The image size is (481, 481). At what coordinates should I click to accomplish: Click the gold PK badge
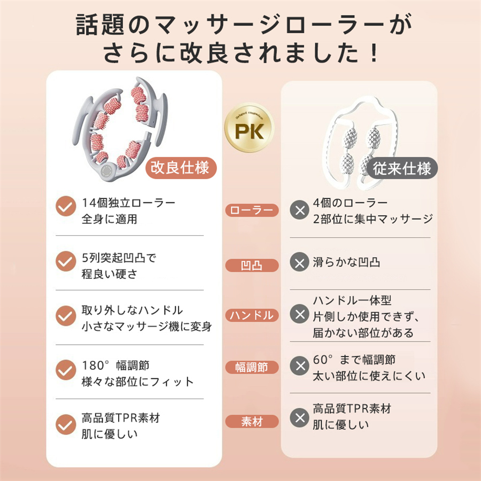click(x=249, y=128)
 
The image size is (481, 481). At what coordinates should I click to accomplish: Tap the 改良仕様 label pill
click(x=181, y=168)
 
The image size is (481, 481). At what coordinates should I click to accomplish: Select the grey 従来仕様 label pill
click(x=401, y=168)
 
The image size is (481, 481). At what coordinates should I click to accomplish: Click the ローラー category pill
click(x=252, y=210)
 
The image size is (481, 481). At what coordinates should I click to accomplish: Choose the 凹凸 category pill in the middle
click(x=252, y=265)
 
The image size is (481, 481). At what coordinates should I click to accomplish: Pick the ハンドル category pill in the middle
click(x=252, y=315)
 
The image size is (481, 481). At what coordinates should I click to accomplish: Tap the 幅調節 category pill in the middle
click(x=252, y=367)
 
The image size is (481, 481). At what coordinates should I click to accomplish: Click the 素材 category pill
click(x=252, y=422)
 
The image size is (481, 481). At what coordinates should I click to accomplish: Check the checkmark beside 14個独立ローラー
click(x=66, y=206)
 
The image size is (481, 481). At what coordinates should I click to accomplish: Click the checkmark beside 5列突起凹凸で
click(x=66, y=261)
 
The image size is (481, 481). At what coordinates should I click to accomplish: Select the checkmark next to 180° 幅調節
click(x=66, y=370)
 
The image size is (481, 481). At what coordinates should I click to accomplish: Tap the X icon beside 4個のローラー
click(x=299, y=210)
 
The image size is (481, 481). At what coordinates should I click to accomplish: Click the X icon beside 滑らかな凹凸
click(x=299, y=262)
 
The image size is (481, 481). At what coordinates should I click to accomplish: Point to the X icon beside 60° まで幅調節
click(x=299, y=366)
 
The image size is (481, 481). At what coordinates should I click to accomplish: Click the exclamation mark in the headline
click(x=374, y=53)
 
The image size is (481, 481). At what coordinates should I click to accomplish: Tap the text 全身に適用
click(x=109, y=219)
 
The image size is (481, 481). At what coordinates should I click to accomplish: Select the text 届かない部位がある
click(x=363, y=332)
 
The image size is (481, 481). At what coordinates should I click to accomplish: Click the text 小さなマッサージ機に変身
click(x=146, y=327)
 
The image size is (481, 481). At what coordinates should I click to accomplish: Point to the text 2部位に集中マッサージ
click(x=373, y=219)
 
